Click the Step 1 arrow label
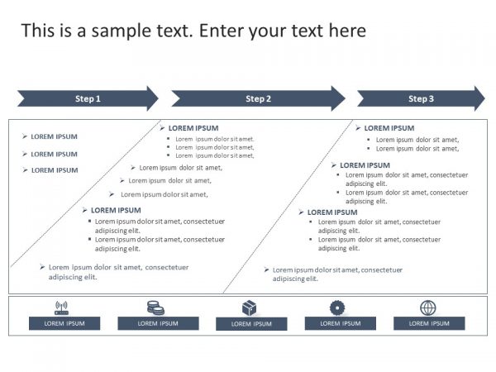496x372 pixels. click(x=88, y=99)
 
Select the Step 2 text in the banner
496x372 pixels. click(x=258, y=99)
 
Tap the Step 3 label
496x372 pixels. click(x=421, y=99)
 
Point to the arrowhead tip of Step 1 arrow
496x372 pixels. click(x=157, y=98)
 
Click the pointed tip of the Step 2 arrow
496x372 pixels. click(x=344, y=98)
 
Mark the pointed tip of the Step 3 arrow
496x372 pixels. click(x=484, y=98)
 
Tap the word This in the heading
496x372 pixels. click(x=38, y=31)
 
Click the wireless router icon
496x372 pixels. click(x=61, y=308)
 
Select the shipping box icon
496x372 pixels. click(x=250, y=308)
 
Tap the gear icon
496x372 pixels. click(x=336, y=308)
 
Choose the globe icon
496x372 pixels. click(x=427, y=308)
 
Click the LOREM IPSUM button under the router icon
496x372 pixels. click(x=64, y=323)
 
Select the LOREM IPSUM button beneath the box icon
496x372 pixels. click(x=251, y=324)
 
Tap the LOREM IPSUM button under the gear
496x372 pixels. click(x=340, y=323)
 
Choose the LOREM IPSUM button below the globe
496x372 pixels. click(x=428, y=323)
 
